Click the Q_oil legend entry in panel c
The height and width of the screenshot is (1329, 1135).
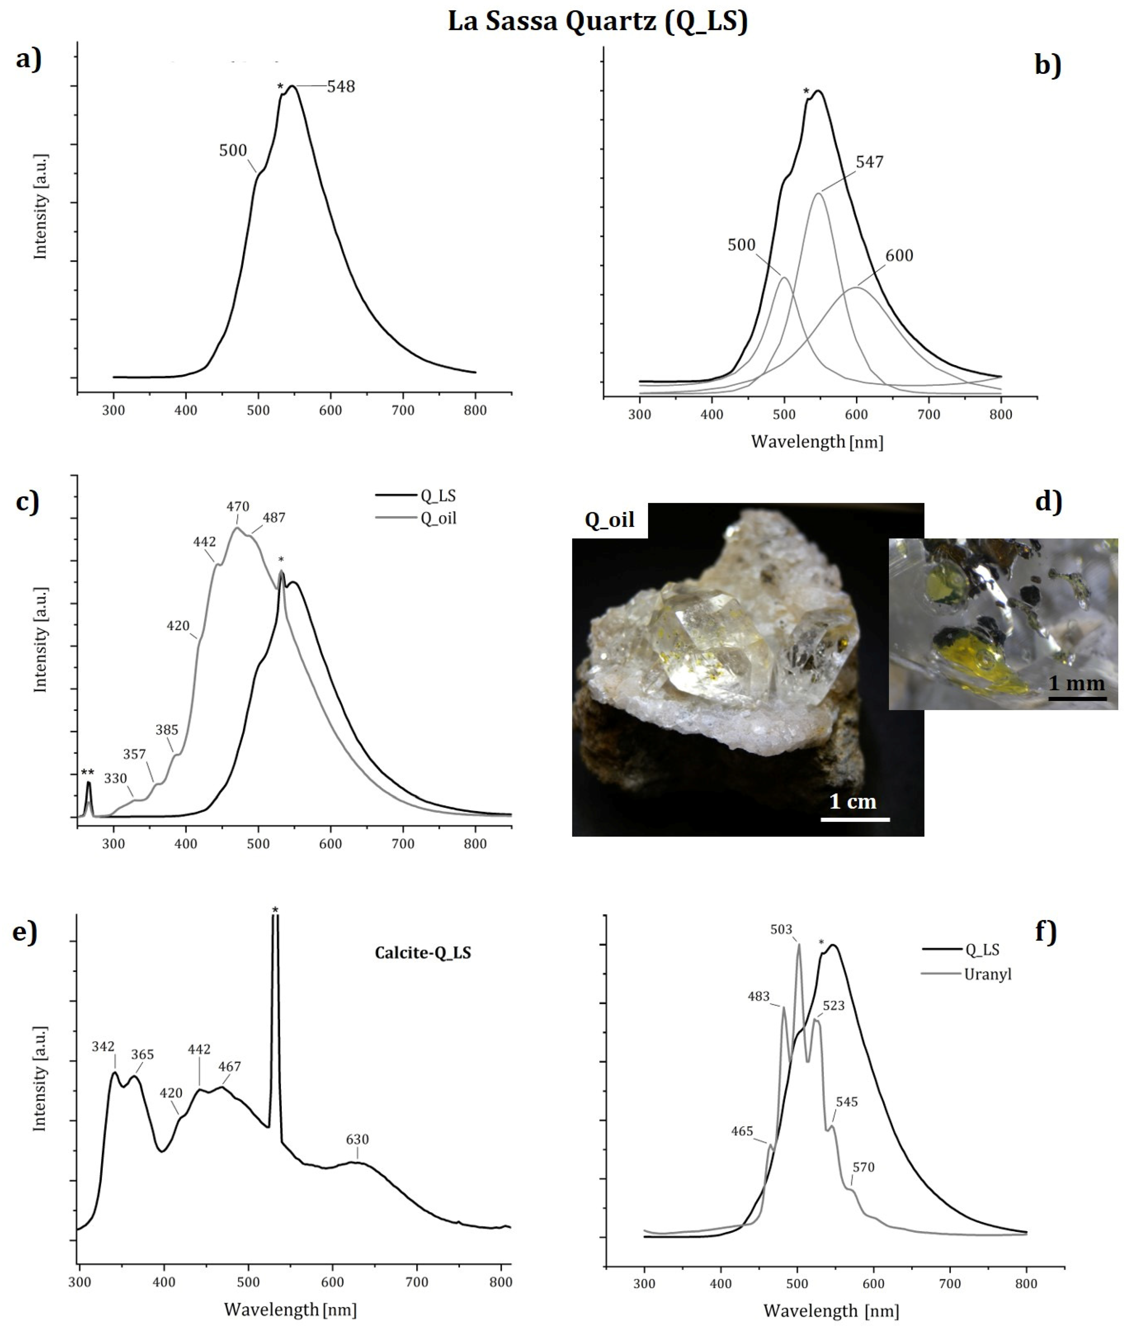tap(438, 518)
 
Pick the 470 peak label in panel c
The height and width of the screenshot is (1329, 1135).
tap(237, 507)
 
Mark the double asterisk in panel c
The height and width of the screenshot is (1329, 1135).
tap(88, 772)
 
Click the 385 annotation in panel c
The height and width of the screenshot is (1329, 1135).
tap(167, 730)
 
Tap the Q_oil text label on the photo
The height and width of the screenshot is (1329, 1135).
tap(609, 520)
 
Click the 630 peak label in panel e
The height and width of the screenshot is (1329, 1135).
tap(357, 1140)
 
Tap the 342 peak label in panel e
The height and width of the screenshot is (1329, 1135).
tap(103, 1047)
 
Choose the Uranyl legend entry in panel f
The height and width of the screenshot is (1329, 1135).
tap(988, 974)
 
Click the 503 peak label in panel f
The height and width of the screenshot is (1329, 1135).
tap(781, 929)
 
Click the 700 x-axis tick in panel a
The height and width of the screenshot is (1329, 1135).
tap(403, 410)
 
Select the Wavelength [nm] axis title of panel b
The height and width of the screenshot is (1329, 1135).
tap(817, 442)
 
